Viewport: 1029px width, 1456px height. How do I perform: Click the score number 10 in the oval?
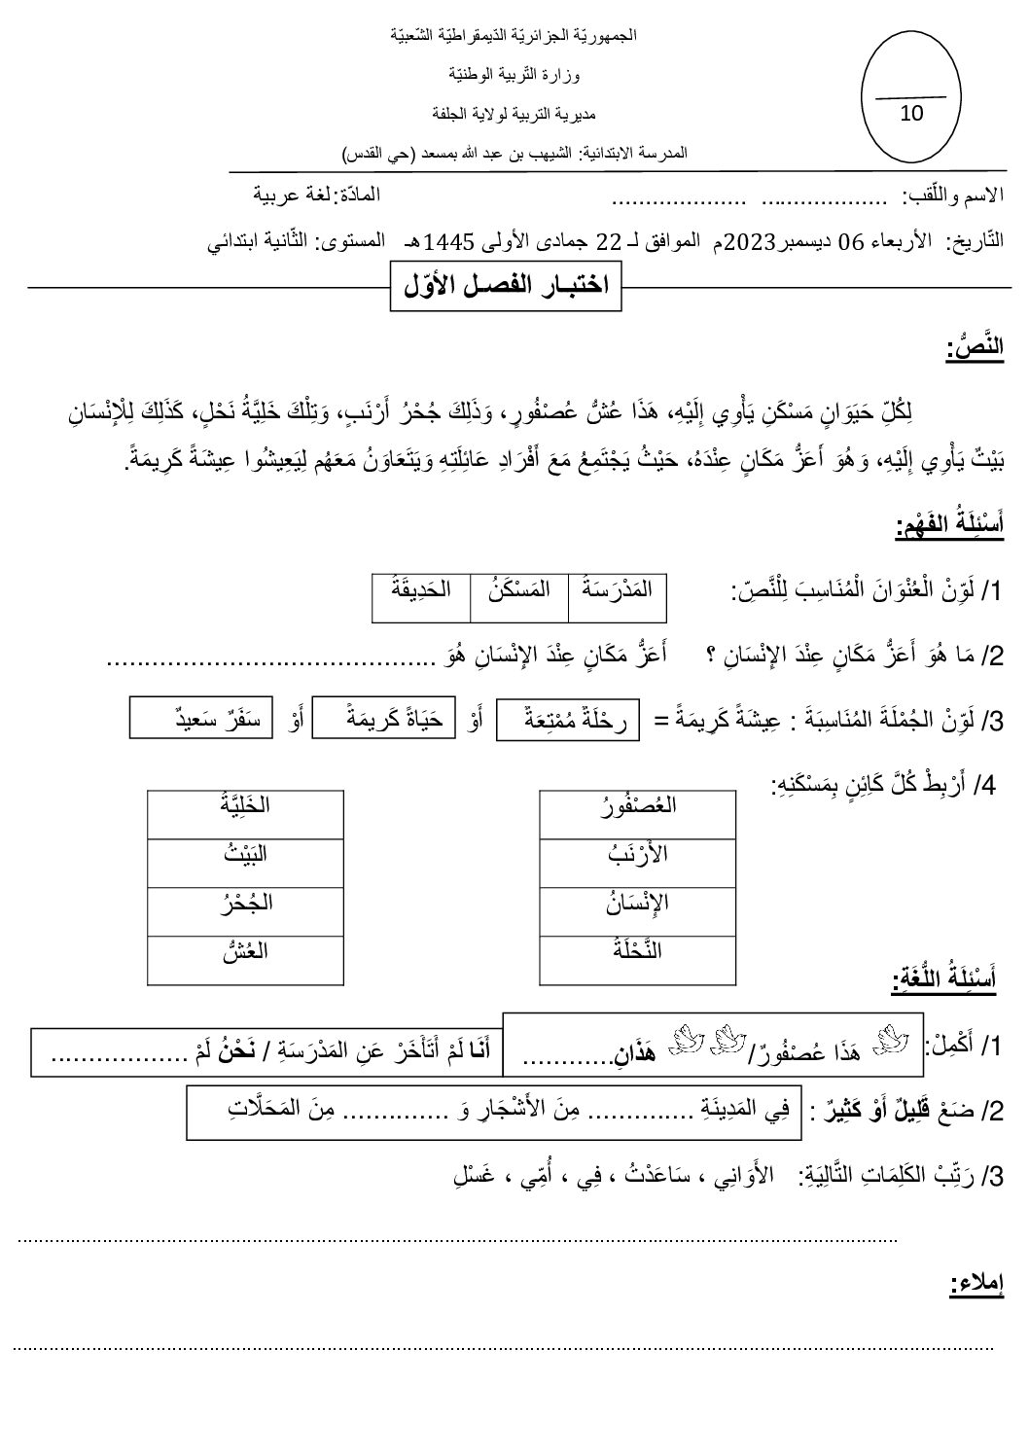[911, 113]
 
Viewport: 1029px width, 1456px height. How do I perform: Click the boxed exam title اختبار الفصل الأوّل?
[506, 286]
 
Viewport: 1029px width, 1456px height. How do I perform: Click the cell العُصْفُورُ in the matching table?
[637, 807]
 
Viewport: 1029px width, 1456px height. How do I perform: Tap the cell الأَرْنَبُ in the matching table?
[637, 856]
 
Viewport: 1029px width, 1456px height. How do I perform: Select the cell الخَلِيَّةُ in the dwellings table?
[245, 807]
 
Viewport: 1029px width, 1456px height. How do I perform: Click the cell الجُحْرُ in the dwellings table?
[245, 905]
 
